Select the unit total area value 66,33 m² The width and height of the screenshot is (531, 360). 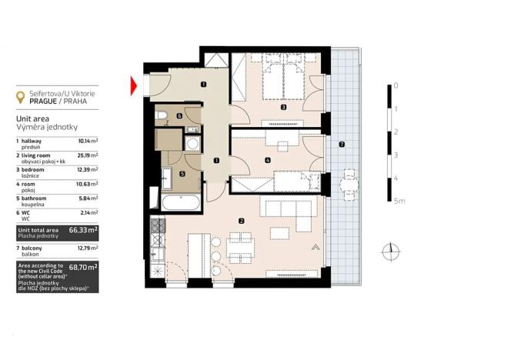[83, 229]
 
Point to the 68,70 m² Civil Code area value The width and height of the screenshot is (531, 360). [83, 268]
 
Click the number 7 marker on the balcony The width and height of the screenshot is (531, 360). [341, 145]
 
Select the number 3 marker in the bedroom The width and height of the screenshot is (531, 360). [283, 108]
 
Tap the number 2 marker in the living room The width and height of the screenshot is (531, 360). [242, 222]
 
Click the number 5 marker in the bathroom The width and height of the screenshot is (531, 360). [182, 174]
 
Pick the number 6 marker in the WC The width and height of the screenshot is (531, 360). [179, 116]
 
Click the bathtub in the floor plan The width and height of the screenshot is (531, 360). [180, 203]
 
